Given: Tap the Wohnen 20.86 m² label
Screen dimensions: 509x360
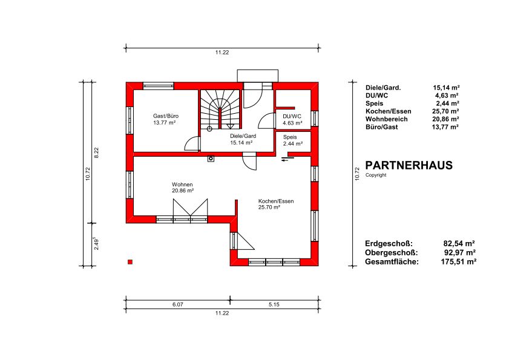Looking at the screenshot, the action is coord(183,188).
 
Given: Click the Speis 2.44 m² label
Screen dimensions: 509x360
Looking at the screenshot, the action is coord(293,140).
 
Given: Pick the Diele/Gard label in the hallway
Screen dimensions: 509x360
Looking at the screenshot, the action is coord(243,136).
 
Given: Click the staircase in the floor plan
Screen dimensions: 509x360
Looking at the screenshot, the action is coord(220,110).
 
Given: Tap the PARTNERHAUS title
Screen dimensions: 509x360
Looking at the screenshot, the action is coord(409,165).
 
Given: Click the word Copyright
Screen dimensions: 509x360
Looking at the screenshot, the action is coord(376,175).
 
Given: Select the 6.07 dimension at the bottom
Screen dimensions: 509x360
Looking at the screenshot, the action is coord(177,304).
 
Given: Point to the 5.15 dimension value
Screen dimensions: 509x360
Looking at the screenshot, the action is coord(274,304).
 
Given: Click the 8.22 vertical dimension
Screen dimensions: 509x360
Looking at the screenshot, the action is coord(96,152).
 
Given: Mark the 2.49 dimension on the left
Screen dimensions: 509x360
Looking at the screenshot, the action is coord(96,243).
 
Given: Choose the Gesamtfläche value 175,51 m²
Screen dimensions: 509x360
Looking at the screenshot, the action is coord(458,261).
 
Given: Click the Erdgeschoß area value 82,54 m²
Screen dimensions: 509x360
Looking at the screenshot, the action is coord(459,243).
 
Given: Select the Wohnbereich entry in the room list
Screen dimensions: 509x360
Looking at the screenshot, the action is coord(386,119).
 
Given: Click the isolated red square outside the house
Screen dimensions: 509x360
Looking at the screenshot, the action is coord(130,262).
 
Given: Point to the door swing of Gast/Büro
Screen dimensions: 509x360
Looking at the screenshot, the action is coord(192,144).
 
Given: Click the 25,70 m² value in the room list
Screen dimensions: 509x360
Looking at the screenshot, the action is coord(445,111).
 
